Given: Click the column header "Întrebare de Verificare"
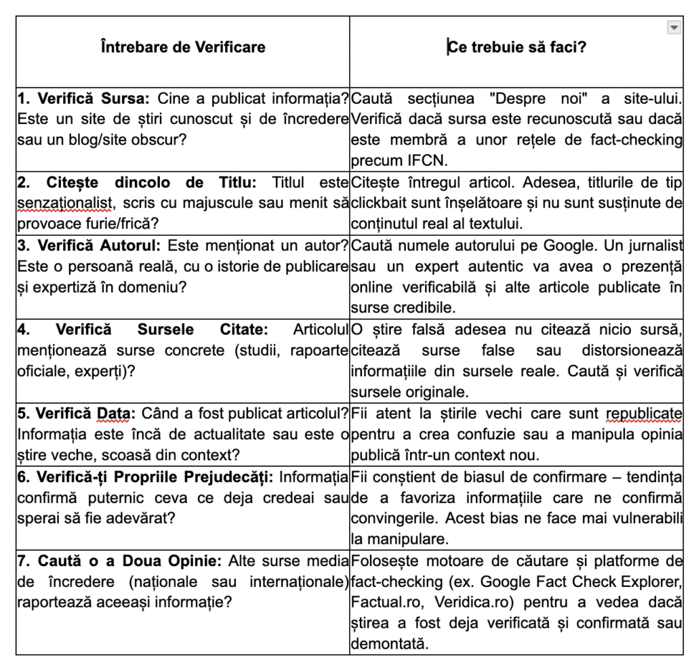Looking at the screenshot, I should click(x=182, y=47).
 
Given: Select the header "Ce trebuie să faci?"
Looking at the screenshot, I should click(x=516, y=47).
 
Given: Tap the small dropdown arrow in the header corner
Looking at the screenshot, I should click(x=673, y=27).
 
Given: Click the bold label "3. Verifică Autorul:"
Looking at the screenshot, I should click(x=89, y=246).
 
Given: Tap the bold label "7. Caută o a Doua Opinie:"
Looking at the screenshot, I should click(x=120, y=561).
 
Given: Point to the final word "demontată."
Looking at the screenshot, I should click(x=390, y=643).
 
